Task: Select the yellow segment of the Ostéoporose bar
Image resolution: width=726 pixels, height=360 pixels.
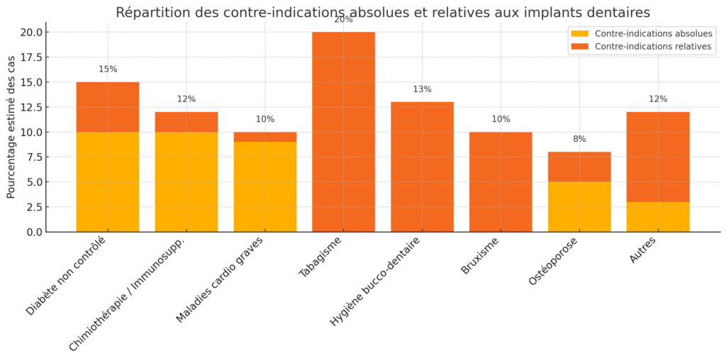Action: click(x=579, y=207)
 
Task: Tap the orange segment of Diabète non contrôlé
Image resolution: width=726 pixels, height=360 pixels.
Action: click(x=108, y=107)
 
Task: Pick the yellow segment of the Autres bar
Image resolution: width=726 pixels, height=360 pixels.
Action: click(x=658, y=217)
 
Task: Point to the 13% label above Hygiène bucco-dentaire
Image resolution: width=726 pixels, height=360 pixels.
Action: click(x=422, y=89)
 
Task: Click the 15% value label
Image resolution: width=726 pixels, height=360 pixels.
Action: click(x=108, y=69)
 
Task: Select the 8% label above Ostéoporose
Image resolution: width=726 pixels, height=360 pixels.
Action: click(x=579, y=139)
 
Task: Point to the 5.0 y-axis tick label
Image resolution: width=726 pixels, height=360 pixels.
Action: click(x=32, y=182)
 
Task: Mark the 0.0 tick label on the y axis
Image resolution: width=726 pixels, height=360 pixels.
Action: click(x=32, y=232)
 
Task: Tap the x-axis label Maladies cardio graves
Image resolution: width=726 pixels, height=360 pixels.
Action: click(x=220, y=279)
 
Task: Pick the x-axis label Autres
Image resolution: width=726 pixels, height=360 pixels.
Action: click(x=641, y=250)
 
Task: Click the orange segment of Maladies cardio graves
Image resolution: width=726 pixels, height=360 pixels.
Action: click(x=265, y=137)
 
